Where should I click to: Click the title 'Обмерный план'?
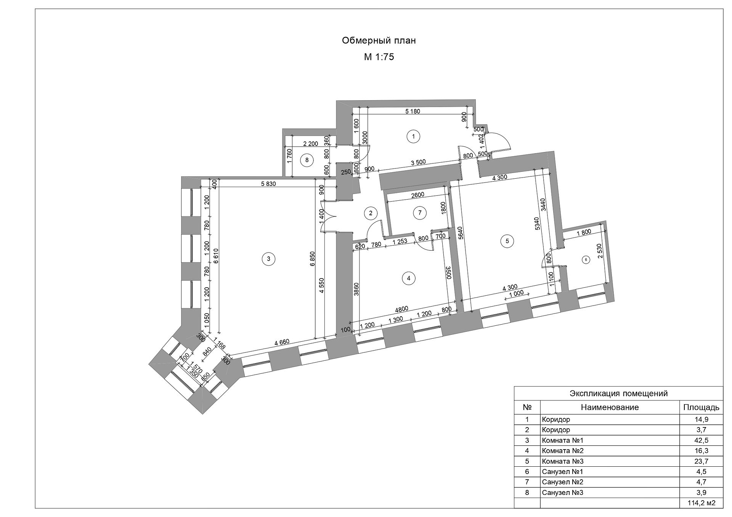point(379,41)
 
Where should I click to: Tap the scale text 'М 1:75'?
point(379,57)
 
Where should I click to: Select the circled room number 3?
point(268,259)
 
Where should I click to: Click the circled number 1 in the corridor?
point(413,136)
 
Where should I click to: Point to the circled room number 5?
point(507,241)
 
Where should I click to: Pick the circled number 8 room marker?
point(307,160)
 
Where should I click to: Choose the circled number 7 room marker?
point(420,213)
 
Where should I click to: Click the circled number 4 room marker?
point(409,278)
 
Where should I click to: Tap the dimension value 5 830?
point(268,184)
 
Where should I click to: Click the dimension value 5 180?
point(413,112)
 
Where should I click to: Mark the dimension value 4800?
point(402,308)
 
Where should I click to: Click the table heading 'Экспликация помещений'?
point(618,393)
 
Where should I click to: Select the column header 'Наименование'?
point(610,407)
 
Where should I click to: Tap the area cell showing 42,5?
point(701,440)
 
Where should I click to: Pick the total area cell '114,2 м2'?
point(701,503)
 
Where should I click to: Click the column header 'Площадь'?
point(701,408)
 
